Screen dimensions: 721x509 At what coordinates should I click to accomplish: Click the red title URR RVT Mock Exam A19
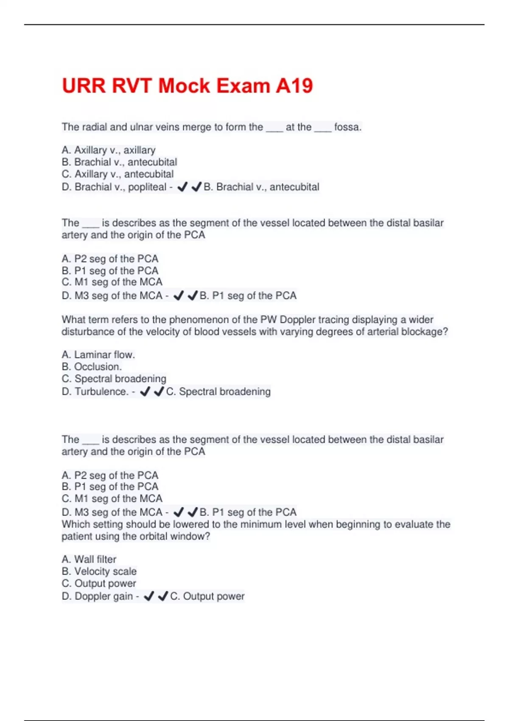(187, 86)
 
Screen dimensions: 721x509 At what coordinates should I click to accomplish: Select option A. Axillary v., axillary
(109, 150)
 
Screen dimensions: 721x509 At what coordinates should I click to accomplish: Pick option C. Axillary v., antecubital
(117, 174)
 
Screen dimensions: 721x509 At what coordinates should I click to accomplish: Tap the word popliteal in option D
(147, 187)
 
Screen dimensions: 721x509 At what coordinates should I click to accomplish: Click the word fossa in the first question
(347, 127)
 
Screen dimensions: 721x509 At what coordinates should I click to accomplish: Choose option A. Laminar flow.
(98, 355)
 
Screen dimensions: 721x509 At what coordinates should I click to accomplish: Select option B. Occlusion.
(92, 367)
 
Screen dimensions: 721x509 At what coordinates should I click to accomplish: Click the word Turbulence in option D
(101, 391)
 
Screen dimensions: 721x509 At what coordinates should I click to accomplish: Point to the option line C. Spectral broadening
(114, 379)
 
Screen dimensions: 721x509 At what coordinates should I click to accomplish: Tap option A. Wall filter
(89, 559)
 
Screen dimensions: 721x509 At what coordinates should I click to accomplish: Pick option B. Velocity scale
(99, 571)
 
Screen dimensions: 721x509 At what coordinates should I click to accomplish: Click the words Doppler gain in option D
(104, 596)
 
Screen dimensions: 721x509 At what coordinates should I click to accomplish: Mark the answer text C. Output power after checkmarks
(207, 596)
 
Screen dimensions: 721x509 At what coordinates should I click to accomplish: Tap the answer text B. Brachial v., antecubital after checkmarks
(261, 187)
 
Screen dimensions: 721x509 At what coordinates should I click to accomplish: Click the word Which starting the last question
(75, 525)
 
